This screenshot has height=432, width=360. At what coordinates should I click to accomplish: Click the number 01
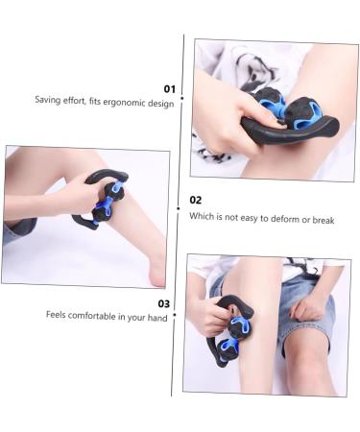point(168,87)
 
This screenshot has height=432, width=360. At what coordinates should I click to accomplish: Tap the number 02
point(196,200)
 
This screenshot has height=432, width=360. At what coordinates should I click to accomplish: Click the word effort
point(80,101)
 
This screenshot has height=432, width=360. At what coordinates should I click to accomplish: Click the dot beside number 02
point(180,206)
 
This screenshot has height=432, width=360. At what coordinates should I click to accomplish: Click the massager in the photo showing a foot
point(103,198)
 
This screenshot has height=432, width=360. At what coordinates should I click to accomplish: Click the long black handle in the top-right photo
point(288,129)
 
